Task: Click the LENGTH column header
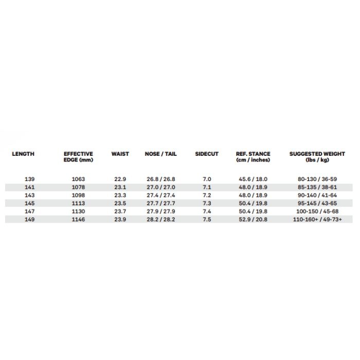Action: pyautogui.click(x=23, y=154)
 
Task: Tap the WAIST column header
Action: pyautogui.click(x=120, y=154)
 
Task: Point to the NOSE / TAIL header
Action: pyautogui.click(x=161, y=154)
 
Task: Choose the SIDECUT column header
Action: pyautogui.click(x=207, y=154)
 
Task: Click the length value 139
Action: pyautogui.click(x=30, y=179)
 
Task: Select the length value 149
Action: pyautogui.click(x=30, y=219)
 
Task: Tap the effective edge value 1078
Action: pyautogui.click(x=78, y=187)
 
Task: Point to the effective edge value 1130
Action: pyautogui.click(x=78, y=211)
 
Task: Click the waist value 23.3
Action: pyautogui.click(x=120, y=195)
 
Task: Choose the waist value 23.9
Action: pyautogui.click(x=120, y=219)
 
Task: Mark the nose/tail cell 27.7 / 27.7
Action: pyautogui.click(x=161, y=203)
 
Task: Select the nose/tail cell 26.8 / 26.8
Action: pyautogui.click(x=161, y=179)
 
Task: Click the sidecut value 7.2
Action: pyautogui.click(x=207, y=195)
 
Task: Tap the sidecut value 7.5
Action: pyautogui.click(x=207, y=219)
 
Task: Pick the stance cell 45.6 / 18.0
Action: pyautogui.click(x=253, y=179)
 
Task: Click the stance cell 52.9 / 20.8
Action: pyautogui.click(x=253, y=219)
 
